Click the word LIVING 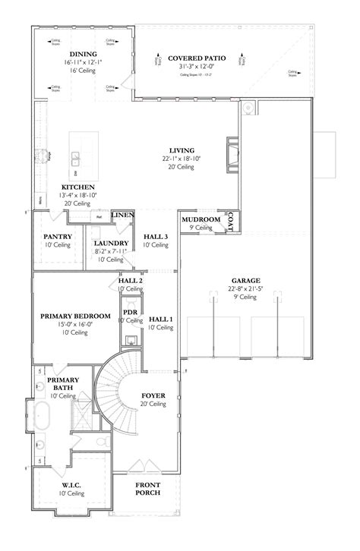(182, 150)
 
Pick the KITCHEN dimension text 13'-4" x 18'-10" (78, 195)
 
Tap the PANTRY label (57, 237)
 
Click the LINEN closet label (122, 216)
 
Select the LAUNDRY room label (110, 243)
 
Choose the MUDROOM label (201, 220)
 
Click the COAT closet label (231, 219)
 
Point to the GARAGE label (246, 281)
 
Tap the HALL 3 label (155, 237)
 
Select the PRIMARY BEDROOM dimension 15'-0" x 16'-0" (76, 324)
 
